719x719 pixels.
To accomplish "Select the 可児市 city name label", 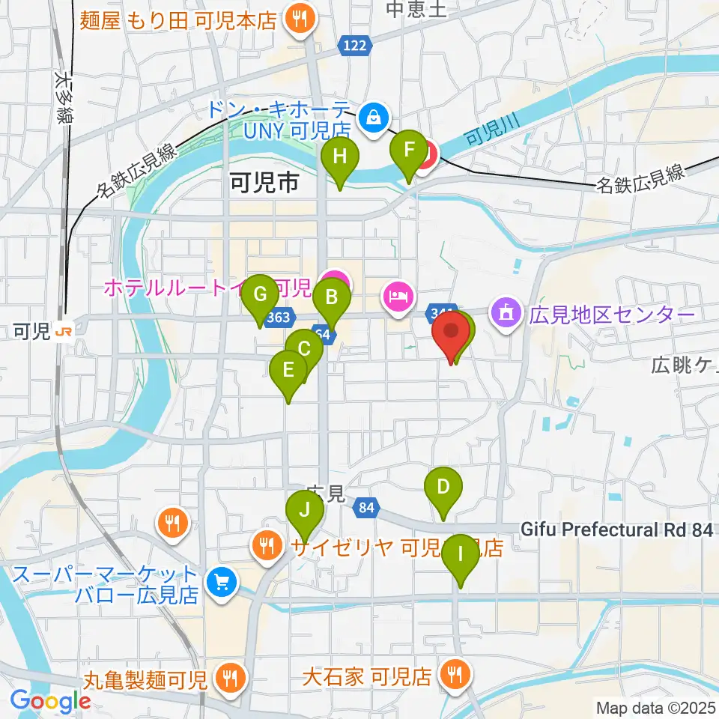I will tap(264, 182).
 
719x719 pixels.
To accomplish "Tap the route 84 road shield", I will tap(365, 508).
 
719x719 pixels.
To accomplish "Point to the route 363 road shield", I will tap(278, 318).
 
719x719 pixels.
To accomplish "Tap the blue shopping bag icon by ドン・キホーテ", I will tap(372, 116).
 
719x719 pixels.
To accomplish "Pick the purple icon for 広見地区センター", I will tap(506, 312).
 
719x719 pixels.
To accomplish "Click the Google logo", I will tap(49, 701).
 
